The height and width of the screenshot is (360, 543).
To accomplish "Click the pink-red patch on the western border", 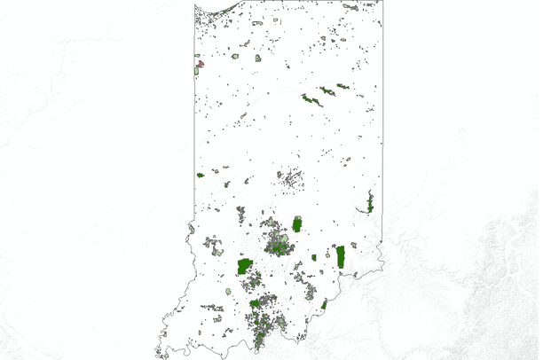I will [x=200, y=63].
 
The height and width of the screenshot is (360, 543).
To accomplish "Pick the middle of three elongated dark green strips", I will [x=327, y=90].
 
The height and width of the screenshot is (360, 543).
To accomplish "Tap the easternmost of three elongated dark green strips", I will [x=342, y=86].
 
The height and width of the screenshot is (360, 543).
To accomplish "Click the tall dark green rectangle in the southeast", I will [x=341, y=256].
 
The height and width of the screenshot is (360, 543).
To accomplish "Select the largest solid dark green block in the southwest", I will [x=245, y=265].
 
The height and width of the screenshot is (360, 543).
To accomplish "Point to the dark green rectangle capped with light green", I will [x=297, y=223].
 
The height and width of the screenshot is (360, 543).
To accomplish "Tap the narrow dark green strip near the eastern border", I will [x=370, y=202].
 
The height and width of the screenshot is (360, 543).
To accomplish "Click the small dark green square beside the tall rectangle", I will [x=315, y=258].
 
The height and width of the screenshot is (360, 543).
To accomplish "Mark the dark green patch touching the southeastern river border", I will [x=325, y=304].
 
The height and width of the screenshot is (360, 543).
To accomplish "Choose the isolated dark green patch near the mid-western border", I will [x=201, y=175].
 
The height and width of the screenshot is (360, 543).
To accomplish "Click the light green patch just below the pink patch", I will [x=197, y=70].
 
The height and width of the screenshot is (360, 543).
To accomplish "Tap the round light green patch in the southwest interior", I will [x=228, y=291].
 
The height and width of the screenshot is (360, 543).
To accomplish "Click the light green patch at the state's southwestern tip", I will [x=165, y=356].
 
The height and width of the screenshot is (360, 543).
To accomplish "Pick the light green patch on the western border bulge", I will [x=191, y=229].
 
